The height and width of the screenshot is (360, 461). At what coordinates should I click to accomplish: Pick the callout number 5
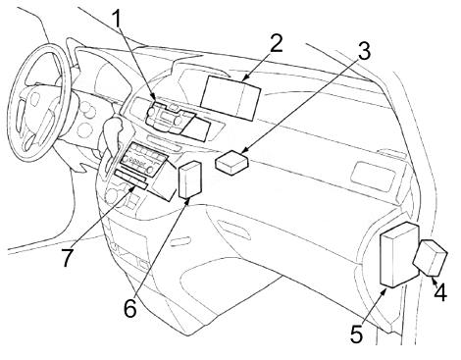pyautogui.click(x=357, y=333)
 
